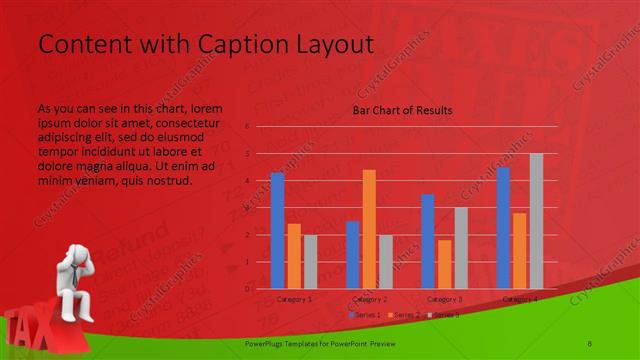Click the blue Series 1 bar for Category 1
pos(277,230)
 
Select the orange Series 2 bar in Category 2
pos(369,229)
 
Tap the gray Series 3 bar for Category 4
pos(536,221)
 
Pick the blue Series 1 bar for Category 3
pos(428,241)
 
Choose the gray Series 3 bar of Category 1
pos(310,261)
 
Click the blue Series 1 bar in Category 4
pos(503,228)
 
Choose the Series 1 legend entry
pos(364,314)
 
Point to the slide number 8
pos(590,342)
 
